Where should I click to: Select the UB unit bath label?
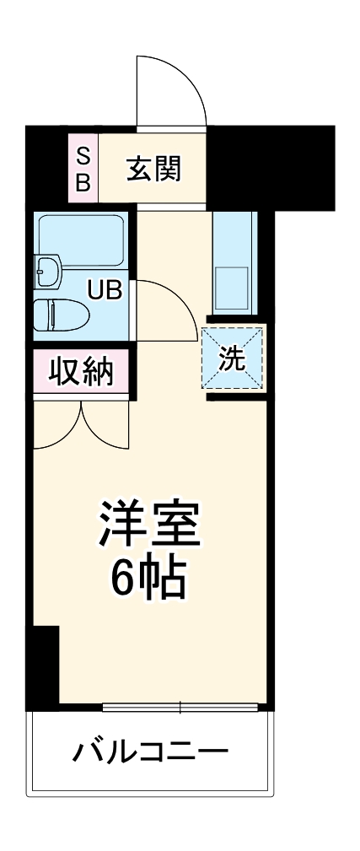pos(106,289)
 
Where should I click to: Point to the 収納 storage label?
pos(82,371)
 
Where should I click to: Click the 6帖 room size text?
pos(149,578)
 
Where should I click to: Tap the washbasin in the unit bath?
pos(48,272)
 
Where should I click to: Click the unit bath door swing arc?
pos(164,304)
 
